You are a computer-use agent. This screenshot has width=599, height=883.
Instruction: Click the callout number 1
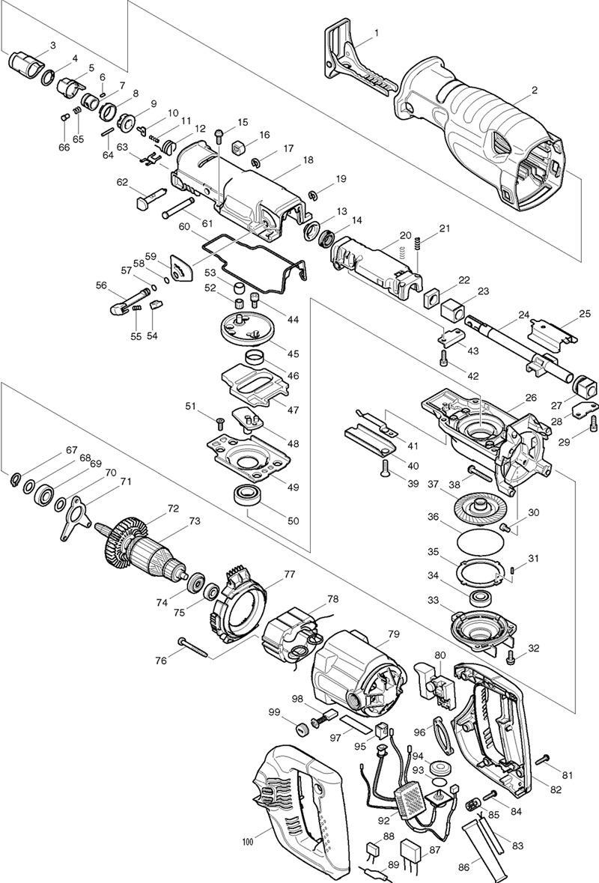click(x=377, y=33)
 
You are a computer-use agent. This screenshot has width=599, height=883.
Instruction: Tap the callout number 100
click(x=249, y=843)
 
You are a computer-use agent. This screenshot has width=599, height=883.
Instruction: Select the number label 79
click(x=394, y=634)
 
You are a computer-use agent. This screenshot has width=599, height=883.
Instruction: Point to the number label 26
click(x=531, y=398)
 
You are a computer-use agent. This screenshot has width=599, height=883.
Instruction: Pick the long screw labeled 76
click(x=194, y=649)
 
